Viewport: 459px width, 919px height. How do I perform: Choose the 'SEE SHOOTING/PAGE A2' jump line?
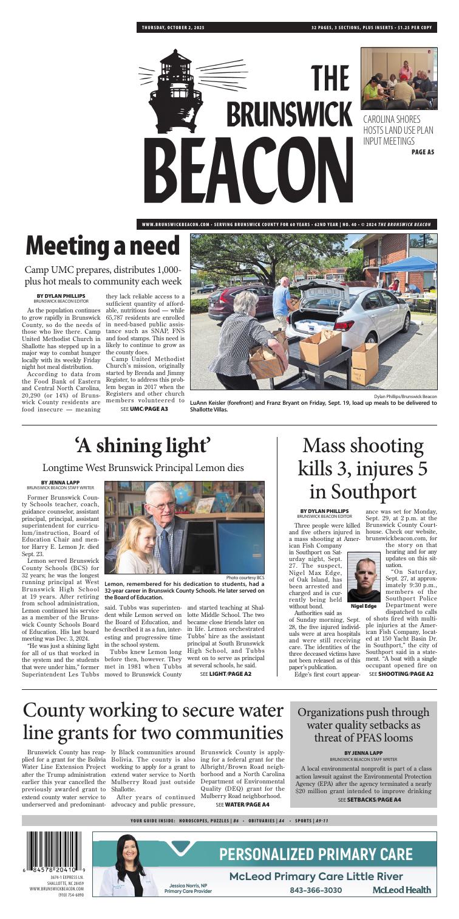(401, 673)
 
